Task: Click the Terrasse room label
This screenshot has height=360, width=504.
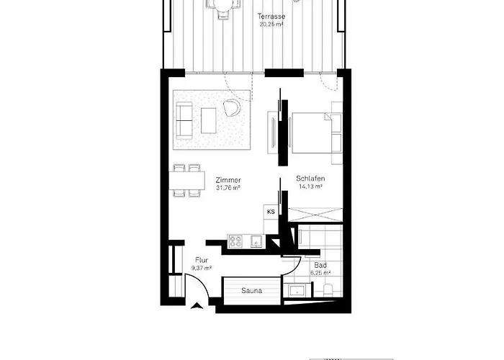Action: click(x=271, y=16)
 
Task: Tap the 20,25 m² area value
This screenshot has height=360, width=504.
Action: click(x=271, y=24)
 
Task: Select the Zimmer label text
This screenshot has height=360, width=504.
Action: click(x=228, y=180)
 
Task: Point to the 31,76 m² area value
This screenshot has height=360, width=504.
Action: click(x=228, y=188)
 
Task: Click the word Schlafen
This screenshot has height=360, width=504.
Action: click(x=310, y=179)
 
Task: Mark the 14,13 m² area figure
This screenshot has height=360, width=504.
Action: click(x=310, y=186)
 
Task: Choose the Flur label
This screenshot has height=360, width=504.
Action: click(x=202, y=260)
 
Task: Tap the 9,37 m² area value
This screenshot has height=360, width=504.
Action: click(x=202, y=268)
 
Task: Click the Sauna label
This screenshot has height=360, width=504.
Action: click(x=251, y=291)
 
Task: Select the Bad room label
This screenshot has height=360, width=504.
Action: click(x=320, y=265)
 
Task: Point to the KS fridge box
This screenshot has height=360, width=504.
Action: click(x=271, y=212)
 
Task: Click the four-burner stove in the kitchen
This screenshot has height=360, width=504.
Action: click(x=235, y=241)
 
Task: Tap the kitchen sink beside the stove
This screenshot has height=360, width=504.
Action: click(x=256, y=240)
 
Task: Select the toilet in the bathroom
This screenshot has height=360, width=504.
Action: click(x=328, y=291)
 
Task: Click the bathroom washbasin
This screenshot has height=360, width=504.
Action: click(x=297, y=291)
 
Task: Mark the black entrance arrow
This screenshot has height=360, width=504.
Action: click(x=197, y=306)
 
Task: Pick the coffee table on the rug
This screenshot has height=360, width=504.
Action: click(x=209, y=120)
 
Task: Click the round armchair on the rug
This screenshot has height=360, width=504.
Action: click(x=232, y=107)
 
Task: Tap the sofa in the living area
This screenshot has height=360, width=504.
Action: click(x=184, y=120)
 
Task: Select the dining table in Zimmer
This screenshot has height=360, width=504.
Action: click(x=187, y=180)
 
